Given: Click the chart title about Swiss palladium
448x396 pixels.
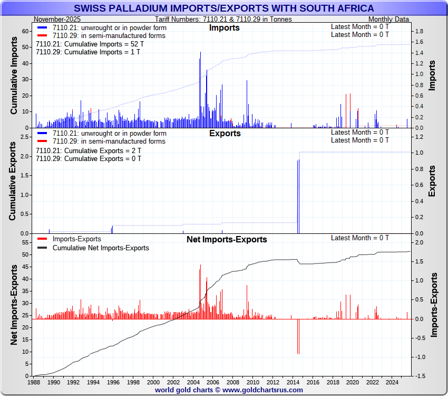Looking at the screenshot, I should [x=224, y=8].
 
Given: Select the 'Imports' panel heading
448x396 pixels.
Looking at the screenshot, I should [x=224, y=27].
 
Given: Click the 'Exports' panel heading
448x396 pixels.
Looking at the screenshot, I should [x=225, y=133].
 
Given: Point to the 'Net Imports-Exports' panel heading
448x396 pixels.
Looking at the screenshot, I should [x=227, y=239].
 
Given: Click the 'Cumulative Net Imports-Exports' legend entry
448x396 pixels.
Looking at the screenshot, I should [x=101, y=248].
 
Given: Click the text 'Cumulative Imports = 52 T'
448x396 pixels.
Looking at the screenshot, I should [x=89, y=44].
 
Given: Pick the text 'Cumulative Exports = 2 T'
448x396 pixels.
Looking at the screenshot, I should [x=88, y=150].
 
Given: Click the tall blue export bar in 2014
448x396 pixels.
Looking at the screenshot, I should [x=298, y=196].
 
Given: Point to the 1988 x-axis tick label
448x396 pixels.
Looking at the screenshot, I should [x=35, y=382].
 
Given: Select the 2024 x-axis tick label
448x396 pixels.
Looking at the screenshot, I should [x=391, y=382].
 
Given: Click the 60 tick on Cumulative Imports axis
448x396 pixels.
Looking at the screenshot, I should [x=25, y=31].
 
